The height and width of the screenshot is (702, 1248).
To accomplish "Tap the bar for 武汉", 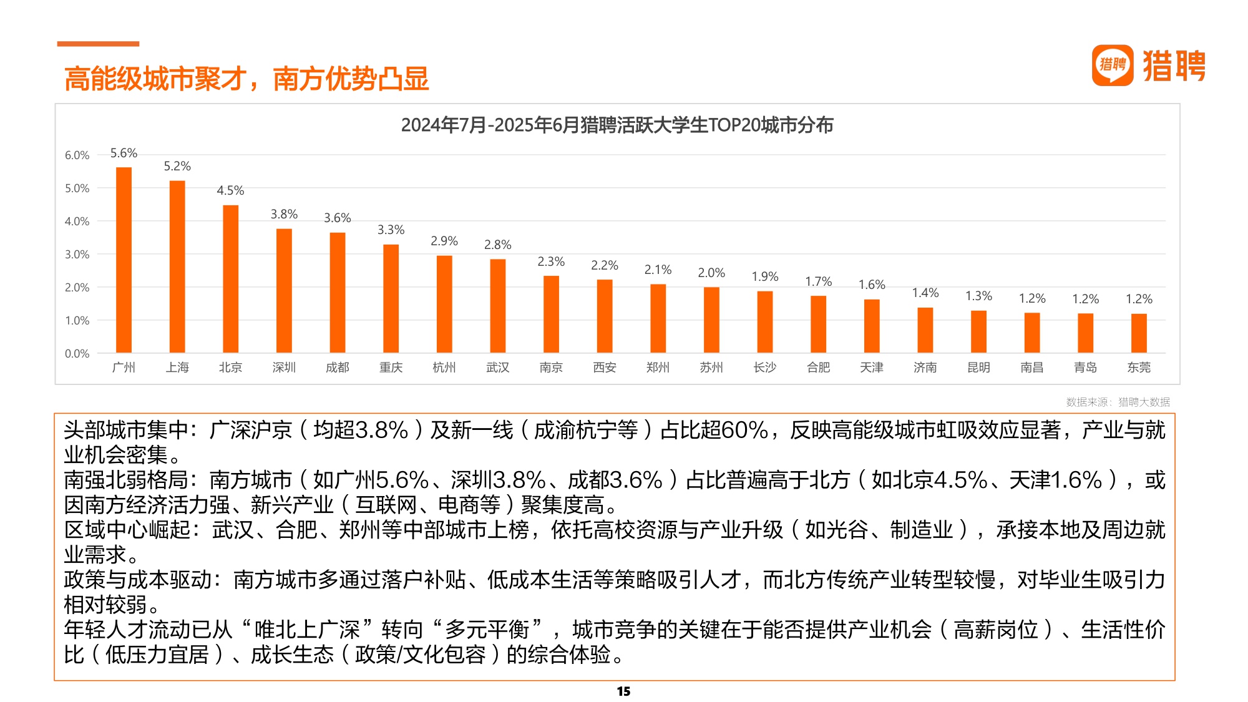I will coord(497,306).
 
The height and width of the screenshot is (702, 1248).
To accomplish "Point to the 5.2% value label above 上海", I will coord(177,166).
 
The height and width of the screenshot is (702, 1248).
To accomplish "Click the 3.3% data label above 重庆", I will coord(391,230).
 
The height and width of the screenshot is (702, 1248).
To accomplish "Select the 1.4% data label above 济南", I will coord(925,293).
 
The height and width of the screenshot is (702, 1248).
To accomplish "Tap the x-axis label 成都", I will coord(337,368).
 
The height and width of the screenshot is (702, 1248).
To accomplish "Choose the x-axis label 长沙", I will coord(764,368).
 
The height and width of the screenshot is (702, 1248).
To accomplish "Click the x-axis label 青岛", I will coord(1085,368).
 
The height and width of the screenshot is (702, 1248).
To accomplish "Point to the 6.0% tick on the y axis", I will coord(77,155).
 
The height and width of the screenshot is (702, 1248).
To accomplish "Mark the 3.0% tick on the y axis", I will coord(77,254).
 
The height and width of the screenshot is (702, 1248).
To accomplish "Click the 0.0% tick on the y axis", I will coord(77,353).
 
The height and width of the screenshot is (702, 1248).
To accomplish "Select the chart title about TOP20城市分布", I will coord(617,125).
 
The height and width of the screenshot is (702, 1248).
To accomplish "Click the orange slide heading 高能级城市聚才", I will coord(246,79).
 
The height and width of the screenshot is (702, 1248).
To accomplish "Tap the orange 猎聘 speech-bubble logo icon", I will coord(1112,65).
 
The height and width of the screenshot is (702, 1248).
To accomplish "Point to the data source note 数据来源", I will coord(1118,402).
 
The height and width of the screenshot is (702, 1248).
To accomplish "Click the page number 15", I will coord(623,691).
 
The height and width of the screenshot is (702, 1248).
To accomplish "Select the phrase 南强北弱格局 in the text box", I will coord(126,480).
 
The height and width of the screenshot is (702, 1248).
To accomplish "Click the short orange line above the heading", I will coord(98,44).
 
